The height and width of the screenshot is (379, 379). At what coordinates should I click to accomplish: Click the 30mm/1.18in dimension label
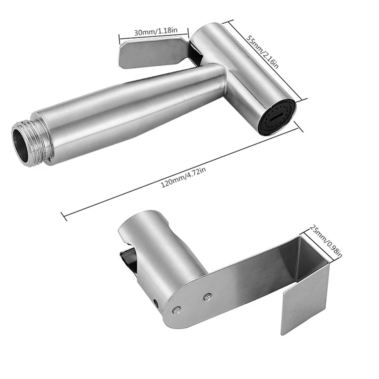click(156, 31)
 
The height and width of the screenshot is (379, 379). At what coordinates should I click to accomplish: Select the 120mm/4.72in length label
click(184, 177)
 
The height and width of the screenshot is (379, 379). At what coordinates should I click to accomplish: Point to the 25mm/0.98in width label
click(326, 241)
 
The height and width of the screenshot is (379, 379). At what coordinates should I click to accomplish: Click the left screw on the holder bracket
click(177, 310)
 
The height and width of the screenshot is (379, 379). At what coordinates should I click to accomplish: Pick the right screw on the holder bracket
click(207, 296)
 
